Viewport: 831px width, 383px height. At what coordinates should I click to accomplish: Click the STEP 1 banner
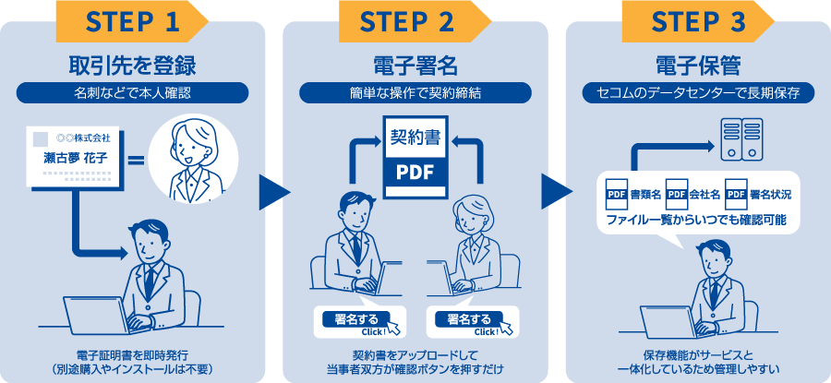[132, 20]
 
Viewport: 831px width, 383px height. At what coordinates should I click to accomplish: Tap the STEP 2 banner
[415, 20]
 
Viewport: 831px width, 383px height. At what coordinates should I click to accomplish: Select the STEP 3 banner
[697, 20]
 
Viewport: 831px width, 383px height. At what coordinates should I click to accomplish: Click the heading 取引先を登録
[132, 66]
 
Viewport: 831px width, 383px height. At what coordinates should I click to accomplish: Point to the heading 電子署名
[415, 66]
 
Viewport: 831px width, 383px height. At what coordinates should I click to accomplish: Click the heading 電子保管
[697, 66]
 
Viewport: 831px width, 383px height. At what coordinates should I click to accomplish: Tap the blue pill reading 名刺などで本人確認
[132, 93]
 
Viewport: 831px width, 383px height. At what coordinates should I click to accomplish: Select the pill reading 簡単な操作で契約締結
[415, 93]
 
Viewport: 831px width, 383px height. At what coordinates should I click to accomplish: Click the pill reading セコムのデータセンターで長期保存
[697, 93]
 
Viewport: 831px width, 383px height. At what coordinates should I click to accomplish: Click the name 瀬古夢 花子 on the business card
[76, 158]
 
